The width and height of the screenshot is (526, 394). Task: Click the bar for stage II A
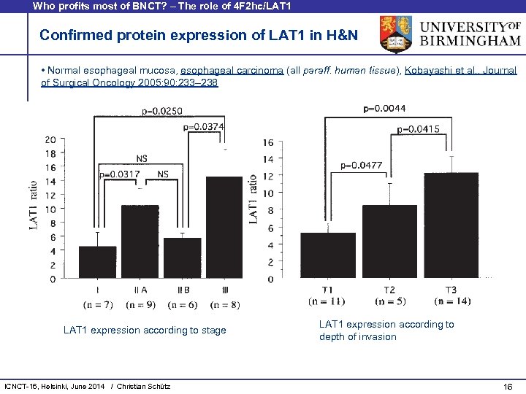click(140, 242)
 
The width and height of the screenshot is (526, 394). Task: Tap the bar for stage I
click(97, 263)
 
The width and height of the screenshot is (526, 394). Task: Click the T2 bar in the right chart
click(389, 242)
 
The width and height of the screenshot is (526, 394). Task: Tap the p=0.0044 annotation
click(384, 109)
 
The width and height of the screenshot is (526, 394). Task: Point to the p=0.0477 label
click(362, 166)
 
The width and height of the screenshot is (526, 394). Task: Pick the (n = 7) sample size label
click(98, 304)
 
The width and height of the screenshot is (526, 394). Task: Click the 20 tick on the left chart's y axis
click(71, 139)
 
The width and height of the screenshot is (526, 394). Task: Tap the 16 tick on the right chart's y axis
click(269, 142)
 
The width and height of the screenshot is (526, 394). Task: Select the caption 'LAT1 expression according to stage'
click(145, 331)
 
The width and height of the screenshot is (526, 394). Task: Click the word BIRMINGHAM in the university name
click(469, 40)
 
